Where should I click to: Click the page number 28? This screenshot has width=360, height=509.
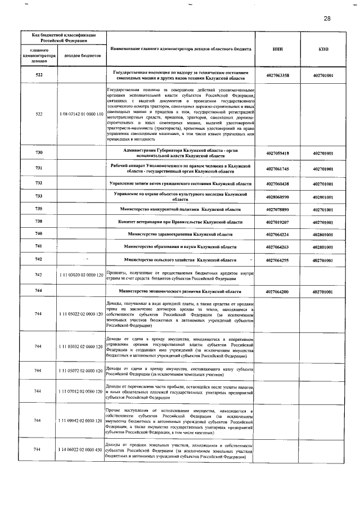pos(327,19)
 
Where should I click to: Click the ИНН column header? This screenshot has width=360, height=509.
pos(277,49)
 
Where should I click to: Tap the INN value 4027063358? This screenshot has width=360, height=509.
pos(277,75)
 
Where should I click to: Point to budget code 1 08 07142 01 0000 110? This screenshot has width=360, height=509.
pos(80,114)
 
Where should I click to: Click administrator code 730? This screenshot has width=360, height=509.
pos(39,154)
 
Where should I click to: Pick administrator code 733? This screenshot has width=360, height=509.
pos(39,196)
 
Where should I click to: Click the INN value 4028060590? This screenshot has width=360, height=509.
pos(277,197)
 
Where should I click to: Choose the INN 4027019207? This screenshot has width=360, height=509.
pos(277,222)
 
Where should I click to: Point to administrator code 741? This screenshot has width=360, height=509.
pos(39,246)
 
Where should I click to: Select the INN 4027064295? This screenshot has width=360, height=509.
pos(277,260)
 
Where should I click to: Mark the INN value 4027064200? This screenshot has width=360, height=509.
pos(277,292)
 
